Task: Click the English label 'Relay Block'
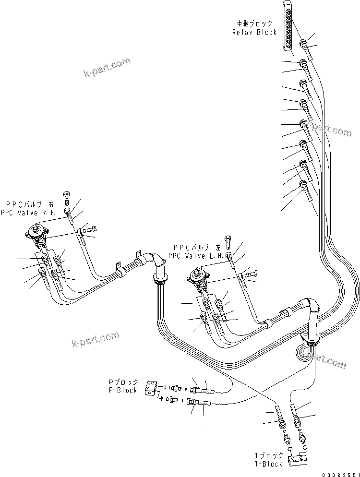[x=254, y=32]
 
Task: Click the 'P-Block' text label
[x=123, y=390]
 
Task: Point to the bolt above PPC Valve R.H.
[x=66, y=196]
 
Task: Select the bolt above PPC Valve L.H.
[x=228, y=239]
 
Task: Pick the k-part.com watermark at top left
[x=107, y=68]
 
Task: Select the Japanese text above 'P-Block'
[x=123, y=382]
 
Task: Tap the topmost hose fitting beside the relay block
[x=305, y=45]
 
